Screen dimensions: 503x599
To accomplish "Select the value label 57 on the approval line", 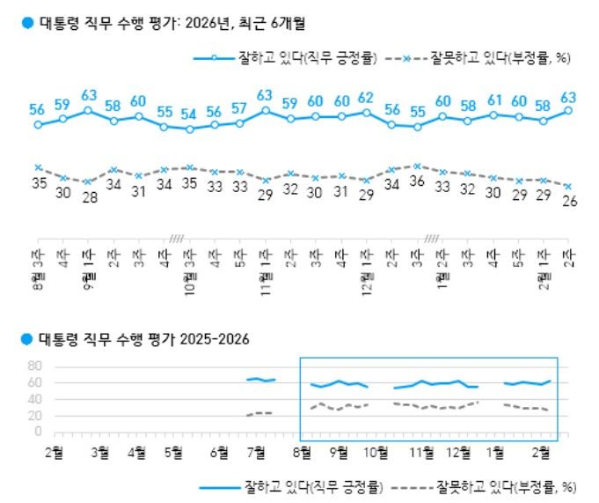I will click(239, 108).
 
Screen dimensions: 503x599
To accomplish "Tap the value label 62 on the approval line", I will click(366, 98).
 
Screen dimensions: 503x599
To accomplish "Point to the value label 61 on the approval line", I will click(493, 100).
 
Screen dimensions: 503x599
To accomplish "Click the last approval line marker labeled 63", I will click(569, 110).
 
